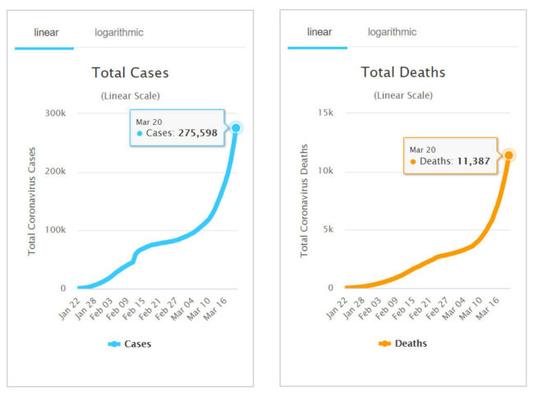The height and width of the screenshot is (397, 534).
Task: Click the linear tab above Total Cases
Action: (45, 33)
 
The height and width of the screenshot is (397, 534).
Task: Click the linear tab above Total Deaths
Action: (319, 33)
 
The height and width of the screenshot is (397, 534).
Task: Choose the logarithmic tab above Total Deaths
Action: (391, 33)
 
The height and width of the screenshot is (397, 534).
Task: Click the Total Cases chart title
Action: (130, 73)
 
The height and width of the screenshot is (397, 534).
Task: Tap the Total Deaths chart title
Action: (403, 73)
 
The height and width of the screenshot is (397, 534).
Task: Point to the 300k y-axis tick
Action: (54, 113)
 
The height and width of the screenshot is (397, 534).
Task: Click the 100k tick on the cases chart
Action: (54, 229)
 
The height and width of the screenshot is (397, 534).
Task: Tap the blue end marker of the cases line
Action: (236, 127)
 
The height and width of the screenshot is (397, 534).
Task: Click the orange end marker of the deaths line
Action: (509, 155)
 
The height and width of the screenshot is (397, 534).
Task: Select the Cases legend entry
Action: (130, 344)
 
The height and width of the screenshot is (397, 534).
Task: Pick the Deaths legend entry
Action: (403, 344)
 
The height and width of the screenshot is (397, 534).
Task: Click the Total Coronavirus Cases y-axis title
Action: (33, 201)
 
